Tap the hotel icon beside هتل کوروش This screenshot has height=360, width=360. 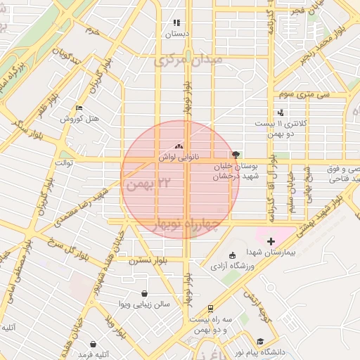tap(79, 108)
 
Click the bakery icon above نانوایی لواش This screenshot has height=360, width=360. tap(179, 147)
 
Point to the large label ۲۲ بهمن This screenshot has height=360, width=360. tap(148, 184)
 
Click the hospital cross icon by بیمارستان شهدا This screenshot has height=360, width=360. tap(271, 241)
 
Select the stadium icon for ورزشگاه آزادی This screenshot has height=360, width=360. tap(233, 255)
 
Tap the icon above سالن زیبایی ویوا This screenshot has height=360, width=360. tap(144, 294)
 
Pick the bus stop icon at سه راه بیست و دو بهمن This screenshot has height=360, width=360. tap(210, 309)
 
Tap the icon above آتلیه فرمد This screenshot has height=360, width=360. tap(94, 345)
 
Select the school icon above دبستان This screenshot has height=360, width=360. tap(176, 22)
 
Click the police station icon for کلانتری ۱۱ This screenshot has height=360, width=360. tap(281, 112)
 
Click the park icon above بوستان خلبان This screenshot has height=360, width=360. tap(235, 155)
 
